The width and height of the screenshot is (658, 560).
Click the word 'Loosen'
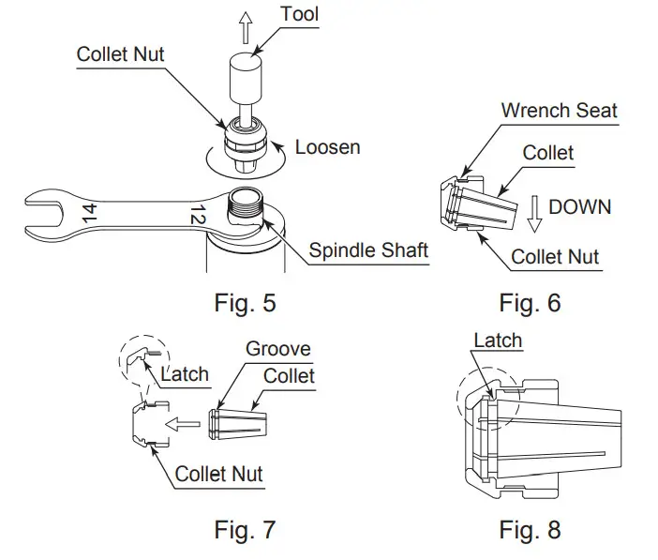(x=327, y=147)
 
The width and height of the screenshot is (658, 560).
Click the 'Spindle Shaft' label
(x=369, y=250)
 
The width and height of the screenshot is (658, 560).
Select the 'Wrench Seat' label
(x=559, y=111)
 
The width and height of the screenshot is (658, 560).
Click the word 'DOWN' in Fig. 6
(x=579, y=206)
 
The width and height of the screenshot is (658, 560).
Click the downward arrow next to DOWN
(x=533, y=213)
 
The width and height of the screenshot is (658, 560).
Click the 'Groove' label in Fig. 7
(x=277, y=349)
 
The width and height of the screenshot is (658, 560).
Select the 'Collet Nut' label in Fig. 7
(x=218, y=474)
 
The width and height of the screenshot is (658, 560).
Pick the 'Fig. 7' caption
(x=245, y=530)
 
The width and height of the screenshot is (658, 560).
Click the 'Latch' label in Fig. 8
(x=497, y=341)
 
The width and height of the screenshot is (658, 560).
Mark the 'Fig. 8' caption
(x=530, y=530)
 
